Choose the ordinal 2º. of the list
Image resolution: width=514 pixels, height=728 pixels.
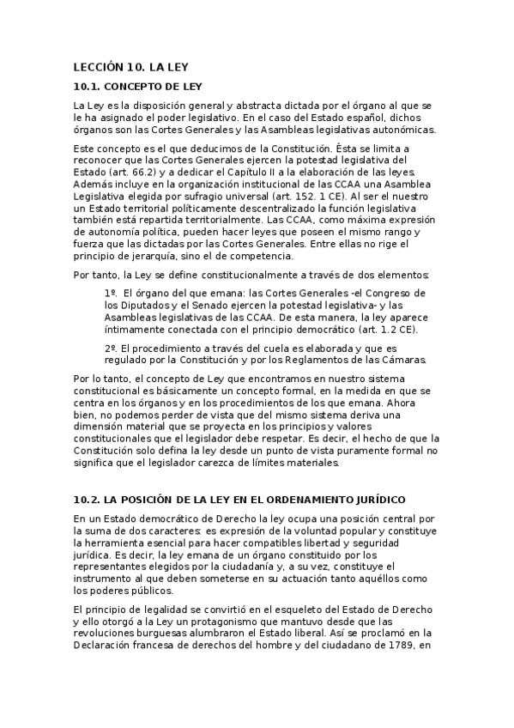pyautogui.click(x=110, y=347)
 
